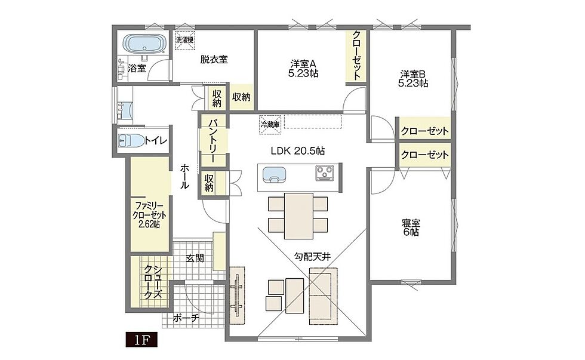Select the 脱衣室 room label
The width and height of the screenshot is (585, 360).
click(x=214, y=59)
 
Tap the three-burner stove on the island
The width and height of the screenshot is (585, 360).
click(x=326, y=173)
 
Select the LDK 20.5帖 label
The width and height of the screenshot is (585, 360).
click(x=297, y=151)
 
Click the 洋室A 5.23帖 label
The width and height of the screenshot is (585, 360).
click(x=303, y=68)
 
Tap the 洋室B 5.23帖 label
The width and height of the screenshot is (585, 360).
click(x=413, y=78)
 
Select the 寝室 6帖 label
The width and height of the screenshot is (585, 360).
click(x=411, y=227)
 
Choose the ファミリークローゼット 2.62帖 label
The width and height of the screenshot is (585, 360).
click(x=150, y=215)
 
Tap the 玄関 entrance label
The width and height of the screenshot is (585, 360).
click(x=195, y=258)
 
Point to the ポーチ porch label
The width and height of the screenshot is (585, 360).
click(x=186, y=318)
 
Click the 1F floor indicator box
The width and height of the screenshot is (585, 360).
click(x=142, y=340)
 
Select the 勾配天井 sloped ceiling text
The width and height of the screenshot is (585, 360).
click(x=312, y=256)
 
